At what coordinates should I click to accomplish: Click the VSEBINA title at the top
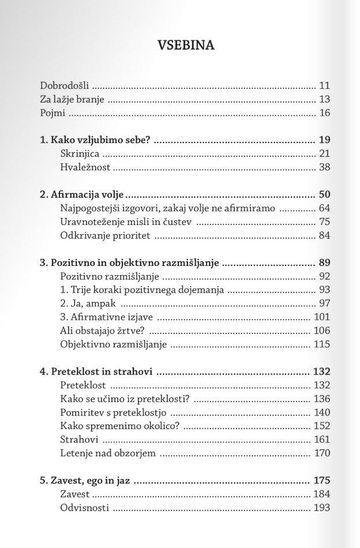(x=186, y=45)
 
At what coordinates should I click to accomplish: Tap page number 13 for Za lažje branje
(x=324, y=99)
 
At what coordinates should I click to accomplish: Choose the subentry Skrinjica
(x=80, y=154)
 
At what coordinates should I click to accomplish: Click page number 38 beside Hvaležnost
(x=324, y=168)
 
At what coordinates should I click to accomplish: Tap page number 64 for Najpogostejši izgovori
(x=324, y=208)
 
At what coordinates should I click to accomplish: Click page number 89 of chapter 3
(x=324, y=262)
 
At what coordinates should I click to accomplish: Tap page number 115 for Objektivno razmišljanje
(x=322, y=344)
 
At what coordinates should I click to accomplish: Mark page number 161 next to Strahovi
(x=322, y=440)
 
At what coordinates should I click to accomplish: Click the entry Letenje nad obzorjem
(x=108, y=453)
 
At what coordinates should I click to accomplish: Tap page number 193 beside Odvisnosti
(x=322, y=508)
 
